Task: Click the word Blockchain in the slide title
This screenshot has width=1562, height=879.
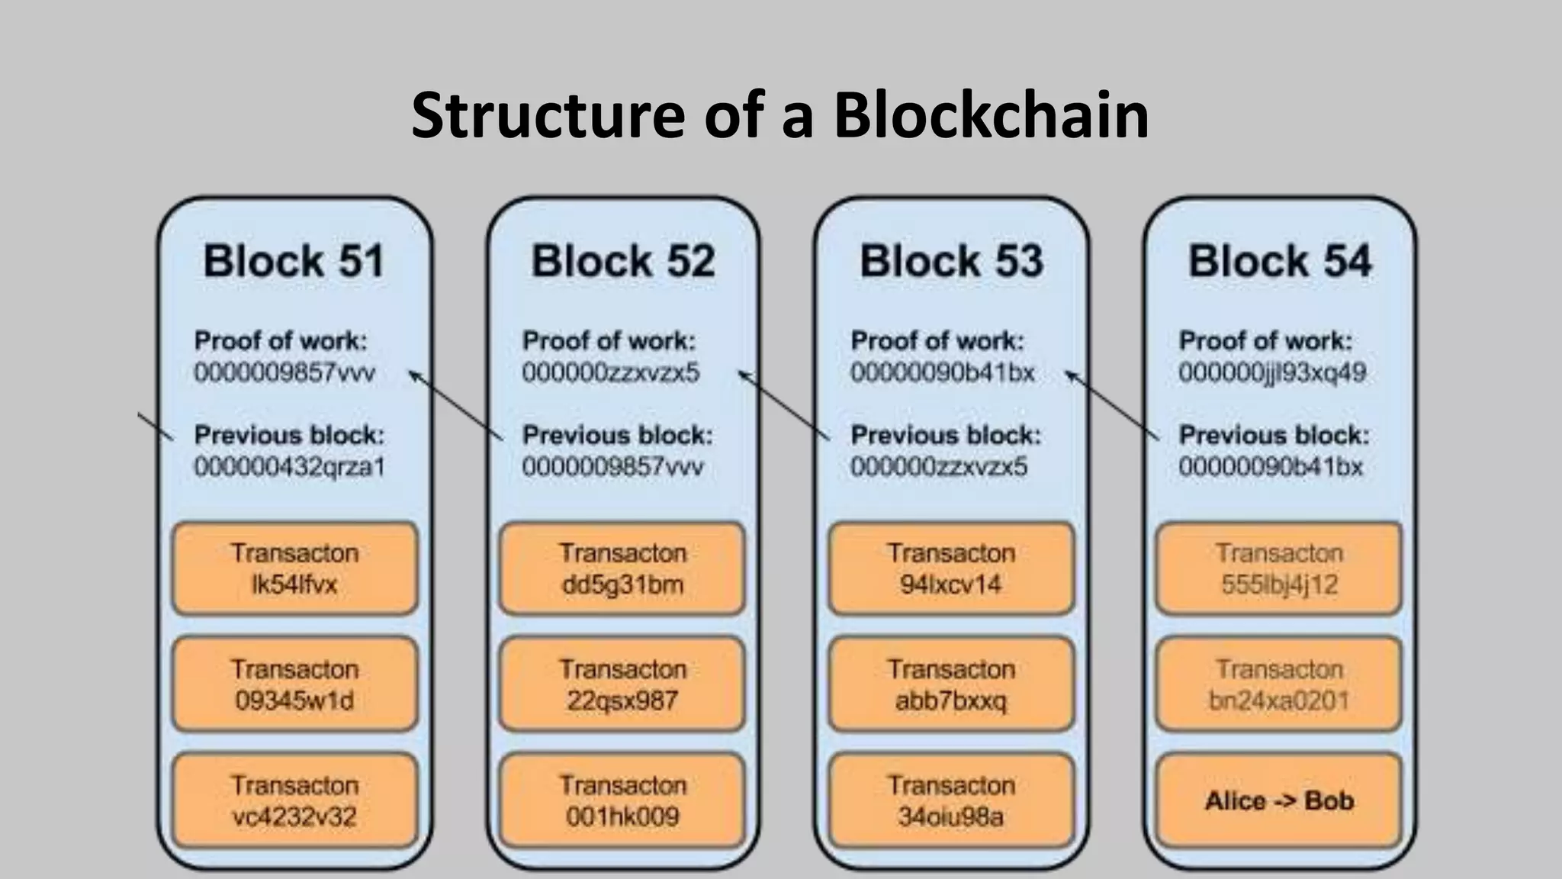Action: [991, 115]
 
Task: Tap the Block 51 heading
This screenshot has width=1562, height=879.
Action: [294, 261]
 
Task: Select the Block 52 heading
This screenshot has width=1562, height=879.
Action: [623, 261]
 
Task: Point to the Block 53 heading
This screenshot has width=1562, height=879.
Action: [951, 261]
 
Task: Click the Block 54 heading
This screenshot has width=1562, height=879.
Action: [1280, 261]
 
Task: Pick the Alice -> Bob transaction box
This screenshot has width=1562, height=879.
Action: [1279, 800]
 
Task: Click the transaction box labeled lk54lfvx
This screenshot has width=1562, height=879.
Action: [295, 568]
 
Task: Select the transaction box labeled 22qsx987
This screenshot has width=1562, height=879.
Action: [622, 684]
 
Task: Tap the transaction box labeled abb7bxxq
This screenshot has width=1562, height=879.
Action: [951, 684]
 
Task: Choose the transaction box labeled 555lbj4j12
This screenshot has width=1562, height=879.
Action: [1279, 568]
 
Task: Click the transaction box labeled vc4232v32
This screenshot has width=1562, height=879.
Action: [295, 800]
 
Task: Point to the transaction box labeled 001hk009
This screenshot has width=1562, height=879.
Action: [622, 800]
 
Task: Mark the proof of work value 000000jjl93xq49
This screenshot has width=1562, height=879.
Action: [1272, 373]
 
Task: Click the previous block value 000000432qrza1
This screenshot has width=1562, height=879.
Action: [290, 466]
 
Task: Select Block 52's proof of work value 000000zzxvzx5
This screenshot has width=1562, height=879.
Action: [611, 373]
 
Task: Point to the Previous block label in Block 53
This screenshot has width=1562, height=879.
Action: [946, 435]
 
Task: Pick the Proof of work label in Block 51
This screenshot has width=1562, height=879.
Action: [281, 340]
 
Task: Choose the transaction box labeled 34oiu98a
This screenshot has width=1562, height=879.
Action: [951, 800]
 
